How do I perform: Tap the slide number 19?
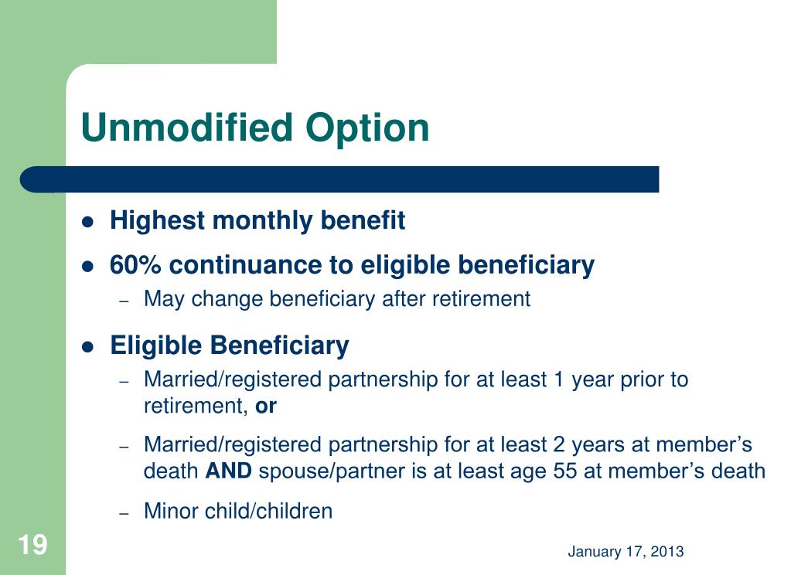point(32,545)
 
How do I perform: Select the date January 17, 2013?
point(626,551)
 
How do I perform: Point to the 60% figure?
point(135,265)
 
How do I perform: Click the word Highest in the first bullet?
point(157,221)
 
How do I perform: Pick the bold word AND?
point(229,471)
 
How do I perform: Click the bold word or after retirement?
point(266,407)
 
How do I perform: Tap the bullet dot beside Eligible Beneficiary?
point(88,347)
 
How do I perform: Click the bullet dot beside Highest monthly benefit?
point(88,222)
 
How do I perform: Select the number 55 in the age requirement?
point(565,471)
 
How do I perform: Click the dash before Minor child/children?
point(124,513)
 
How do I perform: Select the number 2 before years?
point(558,445)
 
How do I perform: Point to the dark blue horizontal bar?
point(339,179)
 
